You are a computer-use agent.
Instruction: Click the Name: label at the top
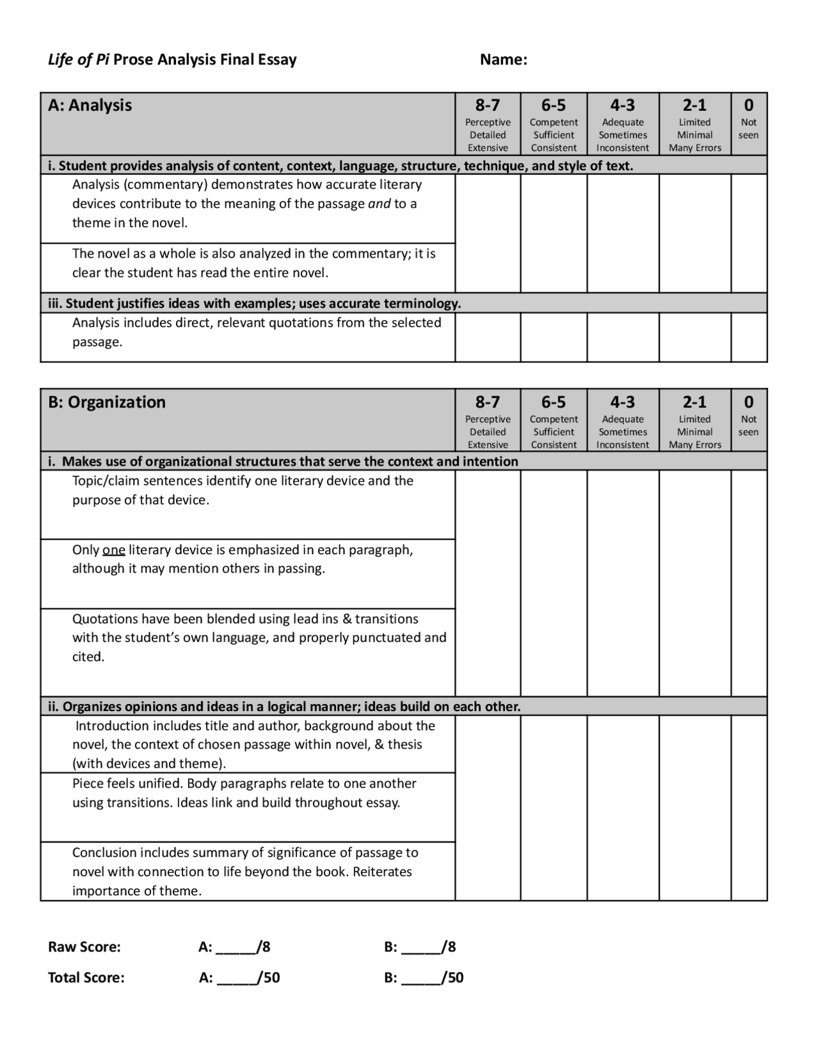pos(503,60)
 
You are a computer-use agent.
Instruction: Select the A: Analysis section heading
pos(90,105)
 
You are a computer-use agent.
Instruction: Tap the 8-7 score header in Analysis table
pos(488,105)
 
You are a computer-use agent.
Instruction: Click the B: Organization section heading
pos(106,402)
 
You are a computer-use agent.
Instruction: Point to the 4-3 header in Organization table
pos(622,402)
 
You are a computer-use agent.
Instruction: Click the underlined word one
pos(113,550)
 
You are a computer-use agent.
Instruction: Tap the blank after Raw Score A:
pos(235,947)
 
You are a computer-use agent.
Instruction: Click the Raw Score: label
pos(84,947)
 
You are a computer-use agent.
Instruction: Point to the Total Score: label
pos(86,978)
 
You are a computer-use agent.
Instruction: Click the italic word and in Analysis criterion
pos(379,204)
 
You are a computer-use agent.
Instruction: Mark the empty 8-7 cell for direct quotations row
pos(488,337)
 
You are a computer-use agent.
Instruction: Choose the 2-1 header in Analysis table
pos(694,105)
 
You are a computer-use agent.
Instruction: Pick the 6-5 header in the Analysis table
pos(553,105)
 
